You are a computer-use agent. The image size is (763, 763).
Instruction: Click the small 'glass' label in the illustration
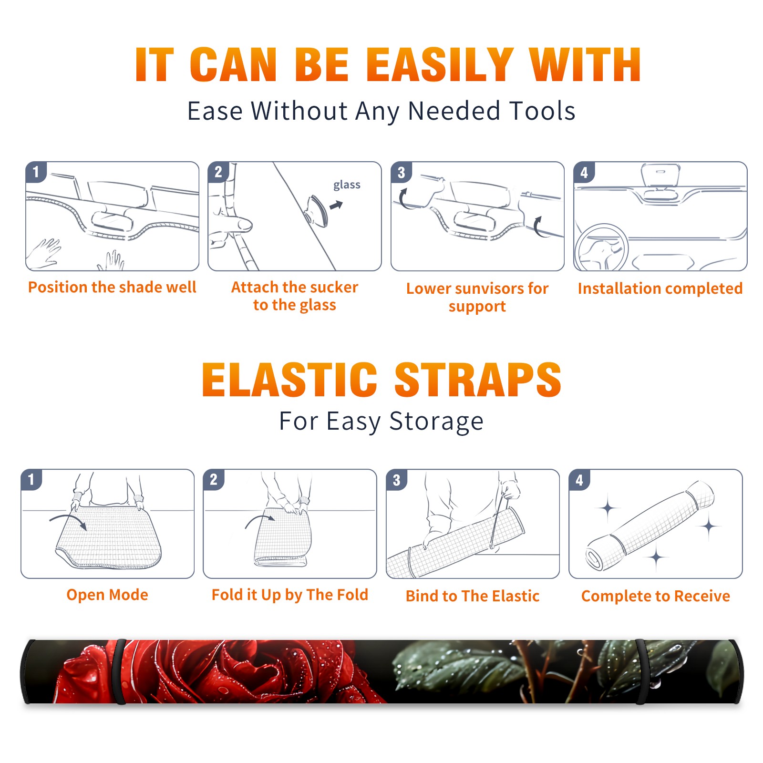pos(347,185)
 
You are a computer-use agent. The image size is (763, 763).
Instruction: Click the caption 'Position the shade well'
pos(112,287)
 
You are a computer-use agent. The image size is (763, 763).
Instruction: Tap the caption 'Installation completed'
pos(660,289)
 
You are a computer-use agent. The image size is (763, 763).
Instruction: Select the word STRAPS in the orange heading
pos(478,380)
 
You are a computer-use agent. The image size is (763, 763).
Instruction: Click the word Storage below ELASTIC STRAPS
pos(436,422)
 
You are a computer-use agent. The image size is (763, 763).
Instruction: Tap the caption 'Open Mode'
pos(107,595)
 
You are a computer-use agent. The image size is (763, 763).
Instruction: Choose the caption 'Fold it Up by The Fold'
pos(290,595)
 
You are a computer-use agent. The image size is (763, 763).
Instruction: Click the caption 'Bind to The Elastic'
pos(473,596)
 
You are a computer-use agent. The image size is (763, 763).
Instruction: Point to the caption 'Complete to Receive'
pos(656,596)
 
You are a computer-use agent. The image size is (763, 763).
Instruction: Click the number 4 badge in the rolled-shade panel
pos(579,480)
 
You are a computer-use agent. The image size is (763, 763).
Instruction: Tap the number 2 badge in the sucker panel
pos(218,172)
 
